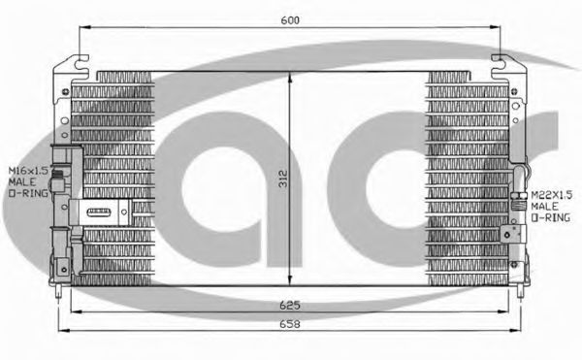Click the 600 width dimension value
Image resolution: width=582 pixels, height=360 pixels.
(290, 20)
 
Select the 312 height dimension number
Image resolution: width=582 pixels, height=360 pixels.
(283, 179)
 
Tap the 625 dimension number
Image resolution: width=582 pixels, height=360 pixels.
(290, 305)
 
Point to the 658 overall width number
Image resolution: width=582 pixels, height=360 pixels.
(290, 324)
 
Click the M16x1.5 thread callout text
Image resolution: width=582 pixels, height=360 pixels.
(28, 171)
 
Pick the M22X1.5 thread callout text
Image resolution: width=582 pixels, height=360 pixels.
(552, 195)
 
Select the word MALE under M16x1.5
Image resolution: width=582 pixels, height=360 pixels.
(22, 181)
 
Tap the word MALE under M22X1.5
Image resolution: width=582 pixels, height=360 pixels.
(544, 206)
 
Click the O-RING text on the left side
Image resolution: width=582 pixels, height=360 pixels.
(28, 193)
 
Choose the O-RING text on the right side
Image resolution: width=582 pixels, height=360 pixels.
(550, 217)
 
